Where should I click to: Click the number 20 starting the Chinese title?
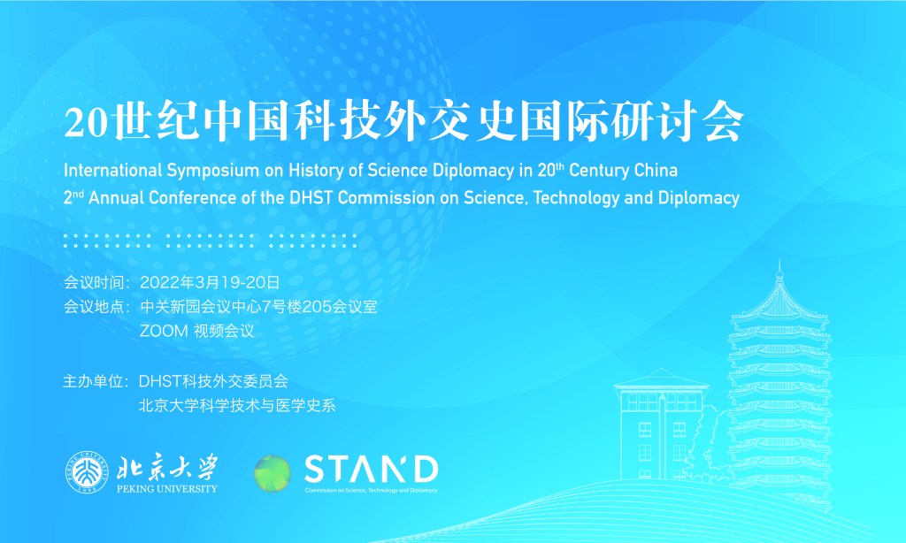click(x=84, y=124)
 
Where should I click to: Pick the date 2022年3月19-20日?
click(x=210, y=283)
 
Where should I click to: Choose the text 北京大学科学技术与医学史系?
click(x=237, y=406)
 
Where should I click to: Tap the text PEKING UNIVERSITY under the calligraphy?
click(x=167, y=487)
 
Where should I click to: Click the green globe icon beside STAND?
click(x=272, y=473)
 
